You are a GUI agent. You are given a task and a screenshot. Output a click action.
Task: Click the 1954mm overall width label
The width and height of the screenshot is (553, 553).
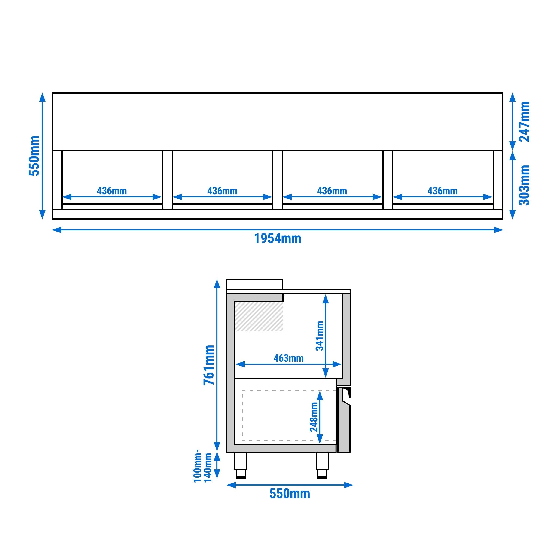pyautogui.click(x=277, y=239)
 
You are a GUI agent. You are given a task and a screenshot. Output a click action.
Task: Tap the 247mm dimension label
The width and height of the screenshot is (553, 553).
pyautogui.click(x=524, y=122)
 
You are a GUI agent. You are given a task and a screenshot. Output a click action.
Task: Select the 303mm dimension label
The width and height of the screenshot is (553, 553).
pyautogui.click(x=524, y=185)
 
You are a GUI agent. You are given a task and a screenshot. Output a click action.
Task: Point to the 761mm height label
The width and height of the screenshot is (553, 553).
pyautogui.click(x=209, y=365)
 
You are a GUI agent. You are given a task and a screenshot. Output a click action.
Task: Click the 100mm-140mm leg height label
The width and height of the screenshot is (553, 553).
pyautogui.click(x=202, y=466)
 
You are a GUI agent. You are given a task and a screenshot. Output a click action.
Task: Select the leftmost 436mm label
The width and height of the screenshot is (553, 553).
pyautogui.click(x=112, y=191)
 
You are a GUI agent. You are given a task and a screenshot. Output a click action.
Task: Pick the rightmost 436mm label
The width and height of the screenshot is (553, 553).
pyautogui.click(x=442, y=191)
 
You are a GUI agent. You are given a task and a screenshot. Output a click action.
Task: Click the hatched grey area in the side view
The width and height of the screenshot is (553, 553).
pyautogui.click(x=259, y=316)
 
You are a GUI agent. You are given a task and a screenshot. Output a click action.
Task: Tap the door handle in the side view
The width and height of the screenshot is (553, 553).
pyautogui.click(x=347, y=394)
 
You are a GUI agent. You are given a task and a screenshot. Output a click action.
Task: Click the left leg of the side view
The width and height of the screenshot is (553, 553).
pyautogui.click(x=240, y=464)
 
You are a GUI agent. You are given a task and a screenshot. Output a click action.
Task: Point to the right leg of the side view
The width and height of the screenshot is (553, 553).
pyautogui.click(x=322, y=464)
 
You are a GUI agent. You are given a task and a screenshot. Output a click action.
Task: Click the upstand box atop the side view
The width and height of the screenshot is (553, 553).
pyautogui.click(x=254, y=284)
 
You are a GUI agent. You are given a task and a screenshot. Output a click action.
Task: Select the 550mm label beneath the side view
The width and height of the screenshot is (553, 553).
pyautogui.click(x=289, y=494)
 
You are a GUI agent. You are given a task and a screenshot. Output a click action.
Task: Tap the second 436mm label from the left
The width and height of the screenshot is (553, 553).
pyautogui.click(x=222, y=191)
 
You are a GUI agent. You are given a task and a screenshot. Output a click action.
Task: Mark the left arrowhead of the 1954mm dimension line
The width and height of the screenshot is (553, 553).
pyautogui.click(x=57, y=230)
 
